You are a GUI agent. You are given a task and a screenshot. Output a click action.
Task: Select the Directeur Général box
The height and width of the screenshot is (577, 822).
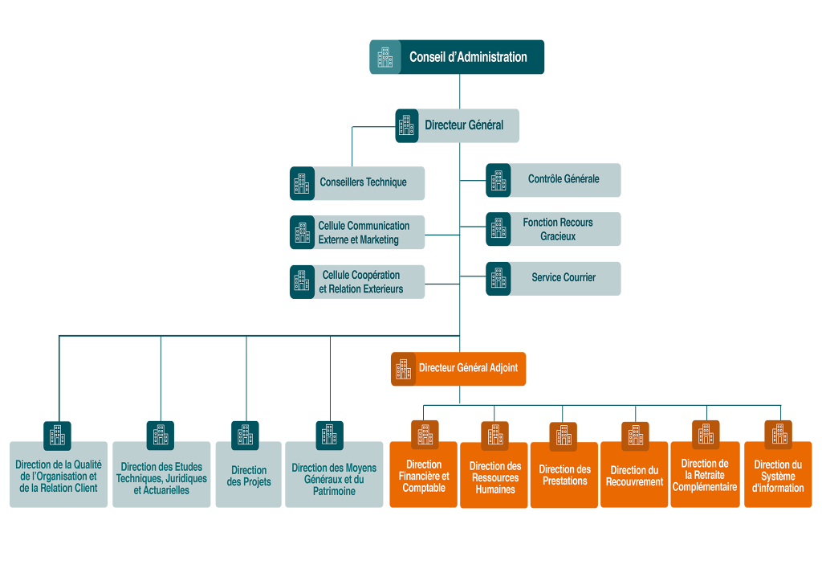click(x=464, y=125)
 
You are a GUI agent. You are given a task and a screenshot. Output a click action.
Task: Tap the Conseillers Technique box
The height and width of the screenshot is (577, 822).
click(x=363, y=182)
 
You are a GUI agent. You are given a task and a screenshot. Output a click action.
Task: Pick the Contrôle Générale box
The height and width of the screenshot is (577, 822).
click(x=563, y=179)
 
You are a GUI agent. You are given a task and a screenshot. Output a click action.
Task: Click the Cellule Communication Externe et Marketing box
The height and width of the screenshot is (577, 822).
click(x=364, y=232)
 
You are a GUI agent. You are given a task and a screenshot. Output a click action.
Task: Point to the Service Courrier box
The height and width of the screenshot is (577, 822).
click(x=563, y=278)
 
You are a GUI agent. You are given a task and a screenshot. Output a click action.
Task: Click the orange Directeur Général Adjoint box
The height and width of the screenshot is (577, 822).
click(x=467, y=368)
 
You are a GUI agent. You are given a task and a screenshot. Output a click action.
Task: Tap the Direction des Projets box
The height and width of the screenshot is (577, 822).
click(x=249, y=476)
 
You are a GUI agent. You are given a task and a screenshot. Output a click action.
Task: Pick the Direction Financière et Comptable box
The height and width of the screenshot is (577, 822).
click(x=424, y=476)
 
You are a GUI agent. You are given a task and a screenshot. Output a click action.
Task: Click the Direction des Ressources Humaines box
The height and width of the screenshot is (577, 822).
click(x=494, y=477)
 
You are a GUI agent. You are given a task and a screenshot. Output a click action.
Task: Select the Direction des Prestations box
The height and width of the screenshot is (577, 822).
click(x=564, y=476)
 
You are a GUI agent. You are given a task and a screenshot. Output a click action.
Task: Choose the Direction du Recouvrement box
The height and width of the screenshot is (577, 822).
click(x=634, y=476)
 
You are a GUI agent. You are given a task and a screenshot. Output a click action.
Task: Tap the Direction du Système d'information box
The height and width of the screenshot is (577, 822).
click(x=778, y=476)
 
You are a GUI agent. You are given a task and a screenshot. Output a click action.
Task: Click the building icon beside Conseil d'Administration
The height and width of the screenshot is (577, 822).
click(x=385, y=57)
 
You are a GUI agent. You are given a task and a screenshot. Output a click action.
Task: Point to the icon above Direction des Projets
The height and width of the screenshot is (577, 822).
click(x=245, y=435)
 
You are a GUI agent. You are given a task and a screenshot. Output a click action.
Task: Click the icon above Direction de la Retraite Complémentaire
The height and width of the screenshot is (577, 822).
click(x=706, y=434)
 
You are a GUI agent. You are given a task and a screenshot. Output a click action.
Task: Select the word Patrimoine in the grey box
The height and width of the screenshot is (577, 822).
click(x=334, y=491)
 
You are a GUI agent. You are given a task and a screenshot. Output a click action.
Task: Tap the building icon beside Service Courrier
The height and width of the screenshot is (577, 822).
click(x=498, y=278)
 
